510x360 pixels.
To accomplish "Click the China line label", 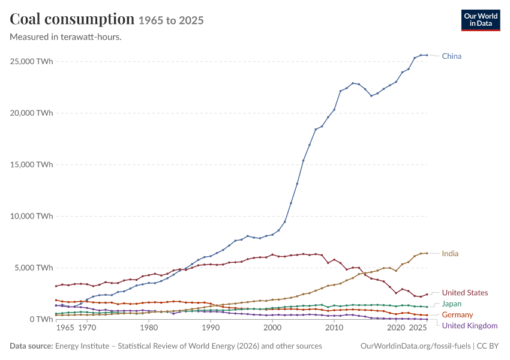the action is coord(451,56).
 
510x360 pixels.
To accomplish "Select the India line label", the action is coord(450,253).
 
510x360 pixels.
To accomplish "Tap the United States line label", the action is coord(465,293).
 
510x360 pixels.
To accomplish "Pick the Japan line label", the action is coord(451,304).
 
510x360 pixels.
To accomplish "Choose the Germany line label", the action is coord(457,314).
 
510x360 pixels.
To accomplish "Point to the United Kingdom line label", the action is coord(470,326).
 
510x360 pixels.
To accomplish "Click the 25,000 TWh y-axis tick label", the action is coord(31,61).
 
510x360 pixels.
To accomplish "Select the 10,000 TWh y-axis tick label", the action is coord(31,216).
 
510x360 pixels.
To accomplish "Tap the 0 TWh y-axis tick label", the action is coord(41,319).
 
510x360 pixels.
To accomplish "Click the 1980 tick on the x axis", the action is coord(149,328).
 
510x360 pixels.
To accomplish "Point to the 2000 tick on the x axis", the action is coord(272,328).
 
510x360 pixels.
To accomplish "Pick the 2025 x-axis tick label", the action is coord(418,328).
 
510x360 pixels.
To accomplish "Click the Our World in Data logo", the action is coord(481,20).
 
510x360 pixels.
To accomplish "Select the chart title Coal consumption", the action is coord(72,19).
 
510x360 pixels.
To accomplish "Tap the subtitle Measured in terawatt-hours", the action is coord(66,37).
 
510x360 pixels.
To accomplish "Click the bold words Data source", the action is coord(31,346).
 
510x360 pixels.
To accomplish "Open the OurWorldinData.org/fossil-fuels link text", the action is coord(415,346).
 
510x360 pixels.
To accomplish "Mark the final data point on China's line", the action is coord(427,55).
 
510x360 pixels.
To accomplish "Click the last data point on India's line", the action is coord(427,253).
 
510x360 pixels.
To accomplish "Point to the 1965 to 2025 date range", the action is coord(171,20).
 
